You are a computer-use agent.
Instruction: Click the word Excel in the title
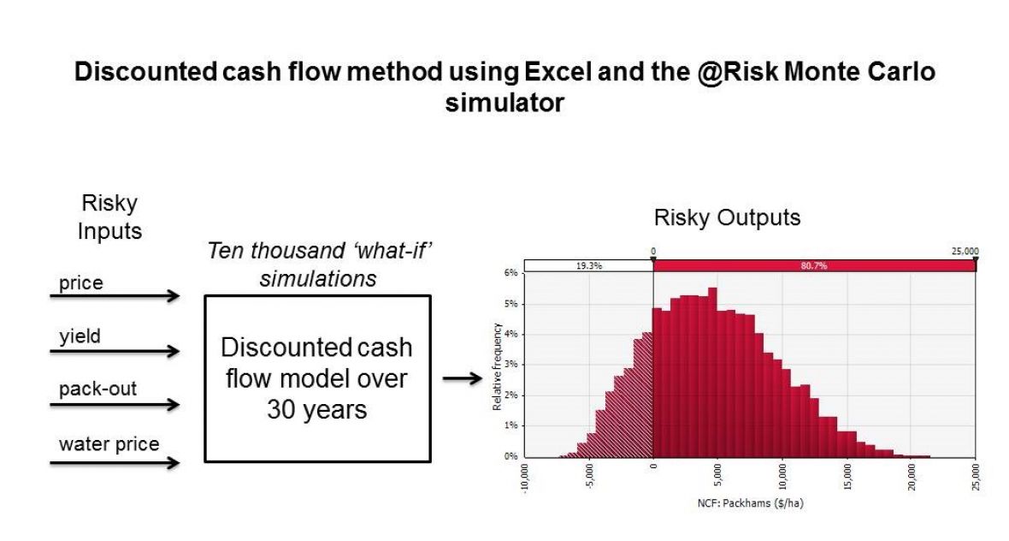pyautogui.click(x=558, y=72)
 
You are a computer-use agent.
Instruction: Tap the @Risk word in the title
pyautogui.click(x=737, y=72)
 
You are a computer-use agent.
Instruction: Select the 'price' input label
pyautogui.click(x=81, y=282)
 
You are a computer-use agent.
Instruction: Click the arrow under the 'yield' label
pyautogui.click(x=115, y=351)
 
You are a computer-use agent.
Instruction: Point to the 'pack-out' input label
pyautogui.click(x=97, y=389)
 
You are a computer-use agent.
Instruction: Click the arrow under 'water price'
pyautogui.click(x=115, y=462)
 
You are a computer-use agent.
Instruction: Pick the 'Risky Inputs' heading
pyautogui.click(x=109, y=217)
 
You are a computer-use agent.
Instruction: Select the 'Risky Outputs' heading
pyautogui.click(x=727, y=217)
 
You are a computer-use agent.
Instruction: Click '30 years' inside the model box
pyautogui.click(x=316, y=409)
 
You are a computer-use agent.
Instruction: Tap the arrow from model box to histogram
pyautogui.click(x=463, y=378)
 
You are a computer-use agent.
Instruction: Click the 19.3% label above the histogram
pyautogui.click(x=589, y=265)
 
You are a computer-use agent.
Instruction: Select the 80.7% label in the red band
pyautogui.click(x=814, y=265)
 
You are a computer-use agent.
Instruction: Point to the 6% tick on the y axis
pyautogui.click(x=511, y=272)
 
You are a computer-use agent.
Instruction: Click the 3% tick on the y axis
pyautogui.click(x=511, y=365)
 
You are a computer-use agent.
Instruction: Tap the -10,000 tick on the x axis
pyautogui.click(x=525, y=478)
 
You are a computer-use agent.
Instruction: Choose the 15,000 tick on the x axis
pyautogui.click(x=847, y=477)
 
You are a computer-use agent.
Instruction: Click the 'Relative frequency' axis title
pyautogui.click(x=496, y=366)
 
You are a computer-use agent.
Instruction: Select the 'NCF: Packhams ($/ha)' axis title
pyautogui.click(x=750, y=503)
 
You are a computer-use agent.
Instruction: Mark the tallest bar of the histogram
pyautogui.click(x=712, y=372)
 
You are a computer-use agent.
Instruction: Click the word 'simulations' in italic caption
pyautogui.click(x=318, y=278)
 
